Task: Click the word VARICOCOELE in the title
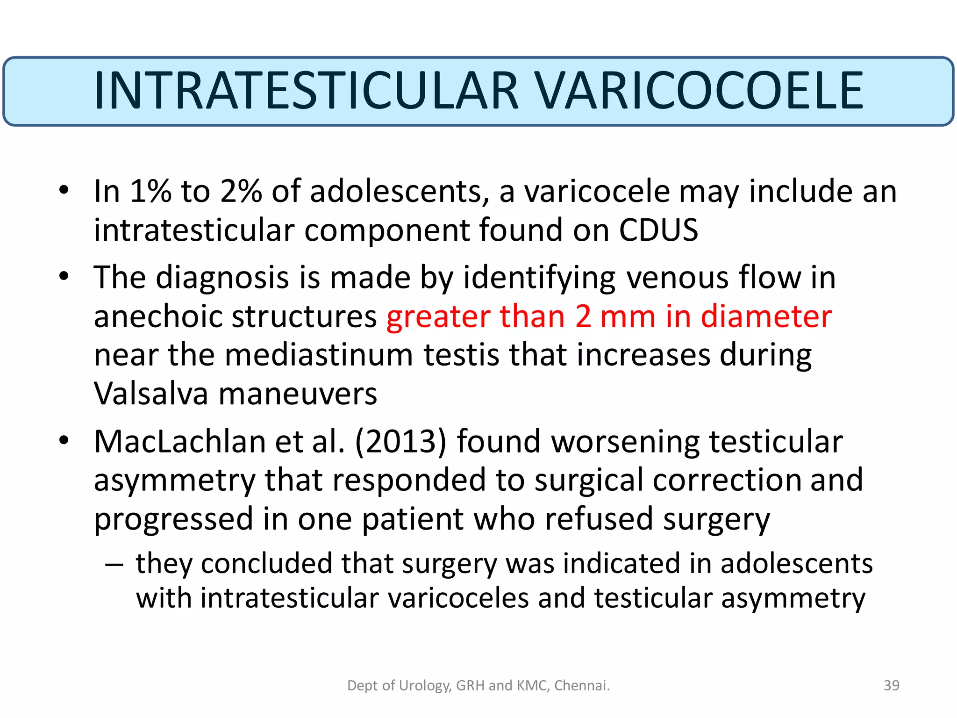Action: (x=700, y=91)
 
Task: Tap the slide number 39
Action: (x=892, y=685)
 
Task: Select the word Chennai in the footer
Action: (x=582, y=685)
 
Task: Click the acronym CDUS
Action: (x=658, y=230)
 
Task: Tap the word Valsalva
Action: (x=151, y=394)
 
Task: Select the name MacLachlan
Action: (x=179, y=441)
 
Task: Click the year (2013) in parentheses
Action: (x=401, y=441)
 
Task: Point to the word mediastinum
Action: (x=319, y=355)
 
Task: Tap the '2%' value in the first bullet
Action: (x=241, y=191)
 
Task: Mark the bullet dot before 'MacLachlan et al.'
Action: (x=64, y=440)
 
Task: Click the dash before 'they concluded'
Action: (x=114, y=565)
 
